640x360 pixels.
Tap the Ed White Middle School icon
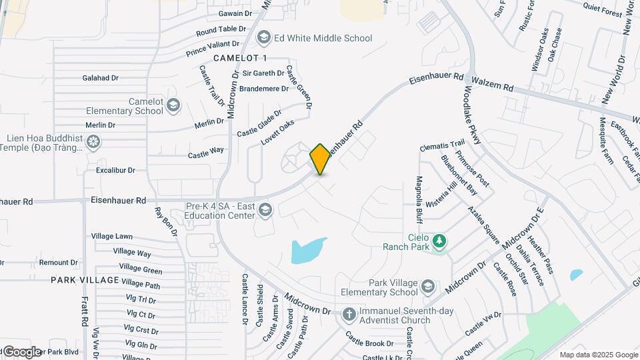(x=264, y=38)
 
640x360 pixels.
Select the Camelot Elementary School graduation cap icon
(x=173, y=105)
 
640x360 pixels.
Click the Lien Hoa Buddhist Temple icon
(x=93, y=142)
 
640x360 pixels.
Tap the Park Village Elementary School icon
(x=427, y=287)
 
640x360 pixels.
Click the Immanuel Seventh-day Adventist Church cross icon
(x=349, y=313)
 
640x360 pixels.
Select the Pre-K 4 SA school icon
(x=265, y=211)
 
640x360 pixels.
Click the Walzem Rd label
(x=499, y=87)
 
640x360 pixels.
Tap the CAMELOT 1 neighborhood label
(x=240, y=59)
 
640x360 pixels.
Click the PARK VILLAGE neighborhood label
(x=85, y=280)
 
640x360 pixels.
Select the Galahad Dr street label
(x=101, y=78)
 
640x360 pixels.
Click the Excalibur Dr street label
(x=115, y=171)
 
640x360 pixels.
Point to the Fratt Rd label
(x=85, y=311)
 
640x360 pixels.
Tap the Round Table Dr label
(x=221, y=30)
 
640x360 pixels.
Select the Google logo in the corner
(x=21, y=352)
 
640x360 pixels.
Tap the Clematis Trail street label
(x=442, y=145)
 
